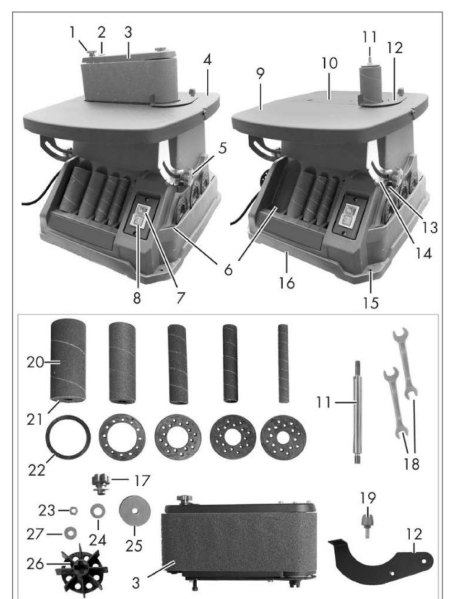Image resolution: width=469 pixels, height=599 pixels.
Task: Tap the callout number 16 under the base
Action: click(x=287, y=283)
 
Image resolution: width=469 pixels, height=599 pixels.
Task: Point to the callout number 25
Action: click(x=134, y=545)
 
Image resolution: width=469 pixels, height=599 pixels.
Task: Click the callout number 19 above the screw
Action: click(x=369, y=498)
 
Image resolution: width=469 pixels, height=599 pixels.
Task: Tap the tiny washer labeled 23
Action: click(x=74, y=511)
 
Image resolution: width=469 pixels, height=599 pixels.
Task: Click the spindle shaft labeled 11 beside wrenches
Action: click(x=357, y=412)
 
